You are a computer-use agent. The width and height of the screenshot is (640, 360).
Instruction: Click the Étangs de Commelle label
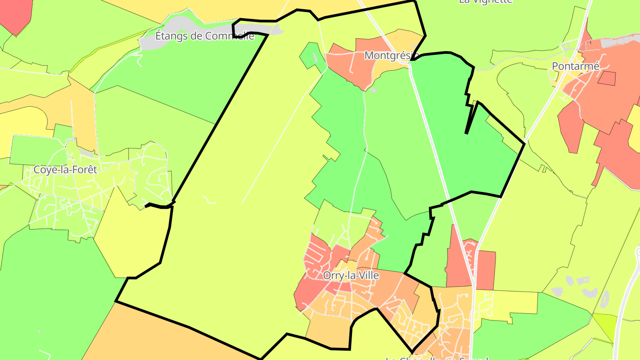204,36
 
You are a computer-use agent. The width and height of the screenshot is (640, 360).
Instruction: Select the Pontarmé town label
576,66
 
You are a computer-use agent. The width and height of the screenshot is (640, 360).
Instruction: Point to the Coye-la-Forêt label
65,169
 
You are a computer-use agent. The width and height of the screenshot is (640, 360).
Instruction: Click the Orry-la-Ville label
351,276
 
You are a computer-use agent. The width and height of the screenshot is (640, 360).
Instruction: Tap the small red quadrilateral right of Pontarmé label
607,78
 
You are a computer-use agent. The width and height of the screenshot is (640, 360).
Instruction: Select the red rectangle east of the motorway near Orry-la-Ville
486,269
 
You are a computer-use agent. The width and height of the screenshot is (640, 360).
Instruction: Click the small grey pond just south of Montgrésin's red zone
373,90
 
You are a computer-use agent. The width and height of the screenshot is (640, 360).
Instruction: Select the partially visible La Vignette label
486,1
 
